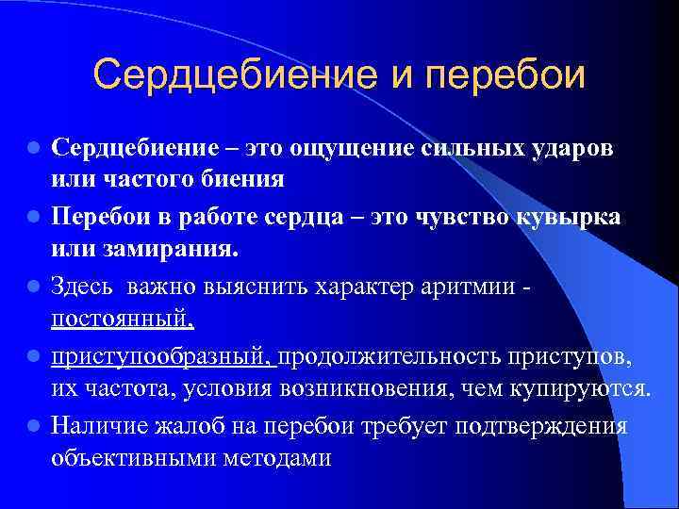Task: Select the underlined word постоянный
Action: [x=123, y=319]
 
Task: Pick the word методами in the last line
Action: [x=282, y=458]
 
